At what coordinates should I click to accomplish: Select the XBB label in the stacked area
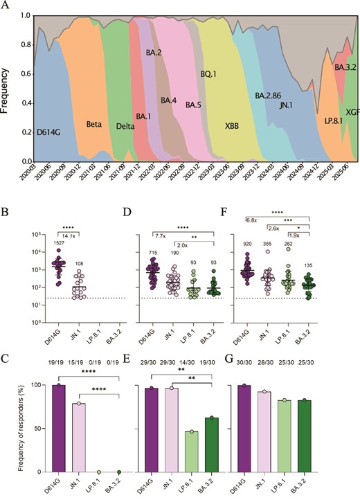pyautogui.click(x=231, y=127)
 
